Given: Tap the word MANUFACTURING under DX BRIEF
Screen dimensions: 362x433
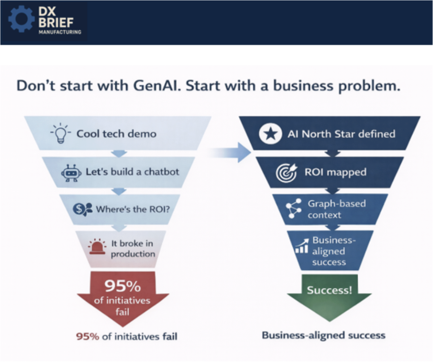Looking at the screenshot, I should click(x=60, y=32).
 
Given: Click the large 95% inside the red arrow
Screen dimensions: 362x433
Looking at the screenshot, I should click(x=123, y=287).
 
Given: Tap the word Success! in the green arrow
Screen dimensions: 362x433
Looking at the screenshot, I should click(x=329, y=290).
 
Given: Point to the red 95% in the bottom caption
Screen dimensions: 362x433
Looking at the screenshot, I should click(x=87, y=336).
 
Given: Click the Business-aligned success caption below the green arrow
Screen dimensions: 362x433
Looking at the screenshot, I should click(x=323, y=335).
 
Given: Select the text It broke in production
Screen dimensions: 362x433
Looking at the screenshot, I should click(x=133, y=248).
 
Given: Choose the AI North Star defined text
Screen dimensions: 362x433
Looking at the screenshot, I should click(x=341, y=134).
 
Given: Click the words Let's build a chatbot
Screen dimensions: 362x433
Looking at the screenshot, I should click(x=132, y=172).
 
